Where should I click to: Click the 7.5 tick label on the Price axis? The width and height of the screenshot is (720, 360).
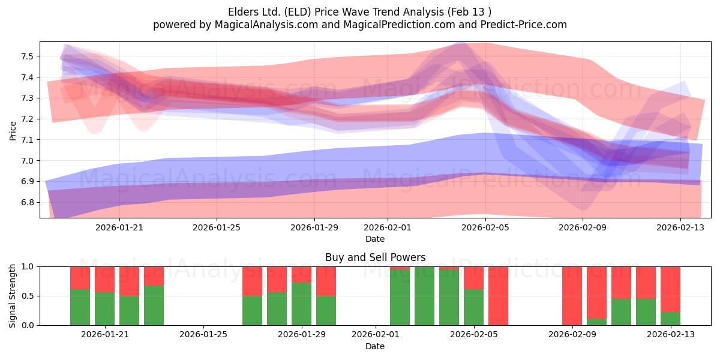27,56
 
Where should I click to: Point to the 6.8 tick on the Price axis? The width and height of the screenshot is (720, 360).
27,203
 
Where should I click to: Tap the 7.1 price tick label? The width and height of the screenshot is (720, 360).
27,140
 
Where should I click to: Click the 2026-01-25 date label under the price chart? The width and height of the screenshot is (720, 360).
217,227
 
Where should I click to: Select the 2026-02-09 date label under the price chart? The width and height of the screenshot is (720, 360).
583,227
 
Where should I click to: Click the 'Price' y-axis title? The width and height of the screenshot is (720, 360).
13,131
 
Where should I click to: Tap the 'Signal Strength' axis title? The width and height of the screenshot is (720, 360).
12,296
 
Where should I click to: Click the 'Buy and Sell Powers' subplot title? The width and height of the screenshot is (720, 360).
375,257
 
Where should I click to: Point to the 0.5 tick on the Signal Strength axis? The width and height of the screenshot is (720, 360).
28,296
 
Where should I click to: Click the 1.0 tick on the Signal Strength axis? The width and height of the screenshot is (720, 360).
28,267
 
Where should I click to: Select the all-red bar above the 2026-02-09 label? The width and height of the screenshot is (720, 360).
572,296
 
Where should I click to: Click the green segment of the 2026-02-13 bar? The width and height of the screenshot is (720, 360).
671,319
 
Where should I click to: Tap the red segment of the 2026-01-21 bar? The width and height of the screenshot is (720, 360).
104,280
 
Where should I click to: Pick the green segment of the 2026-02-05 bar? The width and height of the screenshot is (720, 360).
473,307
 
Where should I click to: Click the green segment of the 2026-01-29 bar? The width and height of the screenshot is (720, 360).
301,304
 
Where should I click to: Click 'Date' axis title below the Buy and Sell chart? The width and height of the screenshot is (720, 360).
375,346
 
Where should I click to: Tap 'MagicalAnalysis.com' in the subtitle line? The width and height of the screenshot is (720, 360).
266,25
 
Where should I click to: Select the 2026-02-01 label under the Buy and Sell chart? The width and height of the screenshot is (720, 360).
376,335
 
